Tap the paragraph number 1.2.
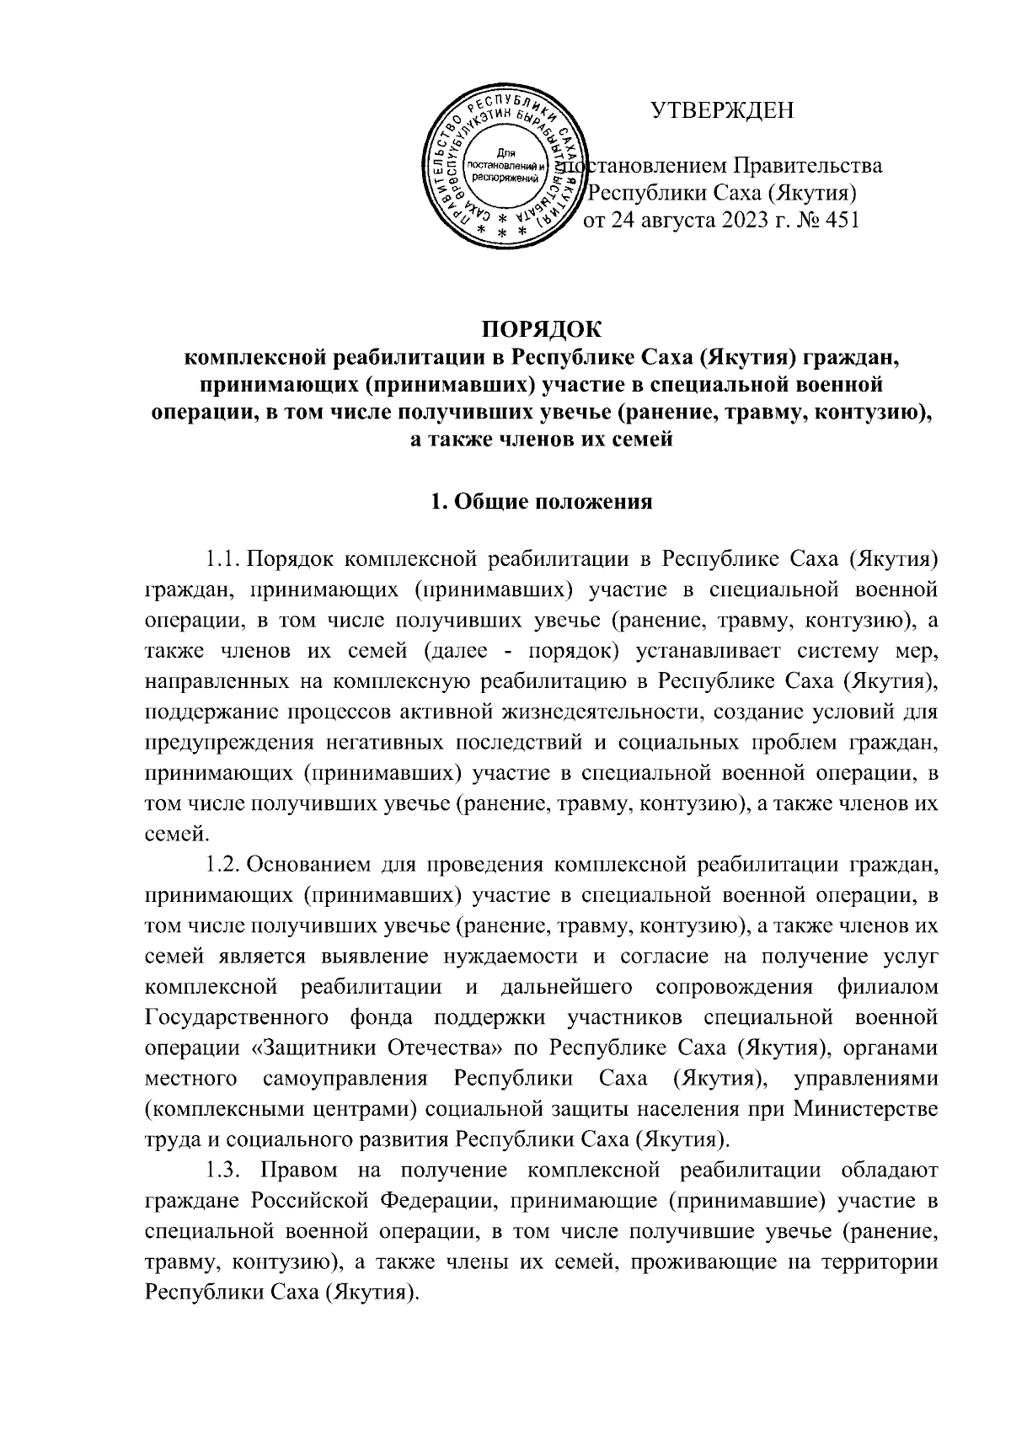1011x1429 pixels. click(x=223, y=864)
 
